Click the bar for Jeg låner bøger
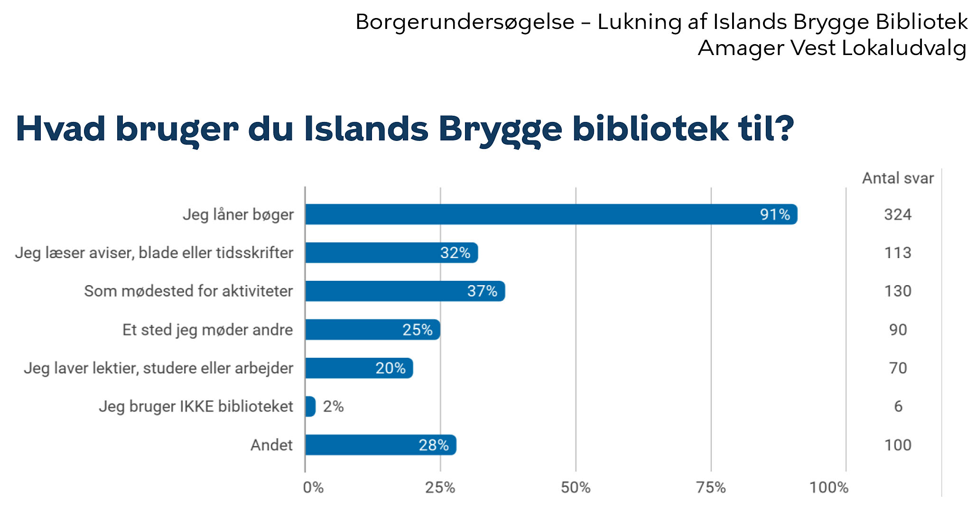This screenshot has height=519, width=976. [x=550, y=214]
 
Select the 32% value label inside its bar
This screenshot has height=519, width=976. [x=455, y=253]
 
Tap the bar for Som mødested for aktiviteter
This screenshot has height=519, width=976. [x=405, y=291]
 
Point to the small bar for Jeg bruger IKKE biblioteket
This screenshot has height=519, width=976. [x=310, y=407]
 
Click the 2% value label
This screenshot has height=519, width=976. [x=333, y=407]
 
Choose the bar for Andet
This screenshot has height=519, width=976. [x=381, y=445]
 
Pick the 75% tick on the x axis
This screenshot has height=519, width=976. [x=711, y=487]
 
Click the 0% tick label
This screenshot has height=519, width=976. [x=313, y=487]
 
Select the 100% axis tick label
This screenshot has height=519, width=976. [x=828, y=487]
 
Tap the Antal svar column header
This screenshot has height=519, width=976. [x=898, y=178]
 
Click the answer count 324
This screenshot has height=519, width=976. [x=898, y=214]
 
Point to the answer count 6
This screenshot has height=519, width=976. [x=898, y=407]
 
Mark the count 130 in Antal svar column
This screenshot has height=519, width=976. [x=898, y=291]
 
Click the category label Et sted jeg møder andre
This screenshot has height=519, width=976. [x=207, y=330]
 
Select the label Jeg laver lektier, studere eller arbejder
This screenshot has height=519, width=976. [x=158, y=368]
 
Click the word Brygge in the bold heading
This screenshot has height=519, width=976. [x=500, y=130]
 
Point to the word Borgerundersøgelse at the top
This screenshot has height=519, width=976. [x=465, y=22]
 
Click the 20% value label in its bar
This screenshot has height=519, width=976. [x=390, y=368]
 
